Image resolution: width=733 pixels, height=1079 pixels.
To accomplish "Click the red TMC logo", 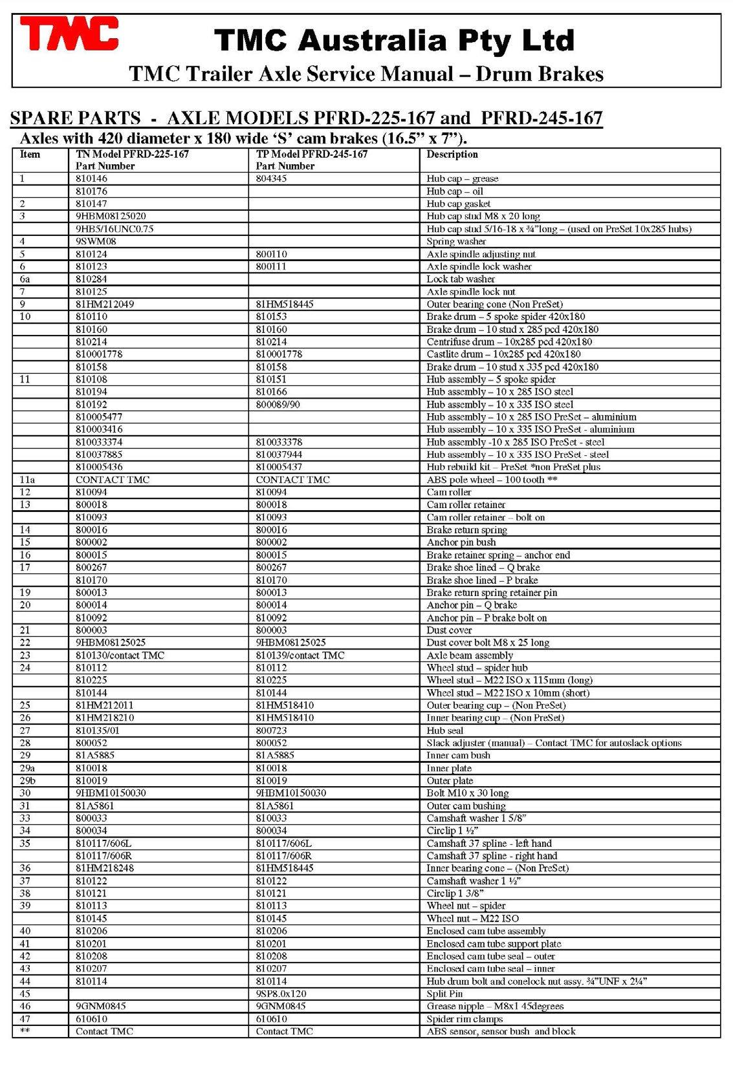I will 69,34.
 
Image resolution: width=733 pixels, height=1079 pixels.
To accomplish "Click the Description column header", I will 452,155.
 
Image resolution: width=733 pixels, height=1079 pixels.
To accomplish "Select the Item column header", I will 30,155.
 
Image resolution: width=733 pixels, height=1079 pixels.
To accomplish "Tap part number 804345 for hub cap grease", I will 271,178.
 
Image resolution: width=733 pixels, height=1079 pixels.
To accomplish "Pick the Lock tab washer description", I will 460,279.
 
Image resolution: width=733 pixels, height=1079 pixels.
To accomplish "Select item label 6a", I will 25,279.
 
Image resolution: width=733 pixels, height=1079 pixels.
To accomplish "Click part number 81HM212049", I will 105,304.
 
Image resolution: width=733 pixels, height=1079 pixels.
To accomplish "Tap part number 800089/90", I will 278,405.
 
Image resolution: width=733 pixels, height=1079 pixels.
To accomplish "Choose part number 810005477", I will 99,417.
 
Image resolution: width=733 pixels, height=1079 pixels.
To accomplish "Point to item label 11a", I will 27,480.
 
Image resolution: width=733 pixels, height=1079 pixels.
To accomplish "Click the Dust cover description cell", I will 449,630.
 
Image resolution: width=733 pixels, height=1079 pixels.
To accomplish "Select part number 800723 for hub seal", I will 271,731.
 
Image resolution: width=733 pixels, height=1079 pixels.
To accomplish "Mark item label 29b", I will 27,781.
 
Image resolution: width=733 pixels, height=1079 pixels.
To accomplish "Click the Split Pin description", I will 444,994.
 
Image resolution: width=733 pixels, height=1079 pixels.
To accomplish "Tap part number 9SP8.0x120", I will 281,994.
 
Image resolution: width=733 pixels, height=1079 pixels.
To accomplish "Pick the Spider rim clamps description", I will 465,1019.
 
